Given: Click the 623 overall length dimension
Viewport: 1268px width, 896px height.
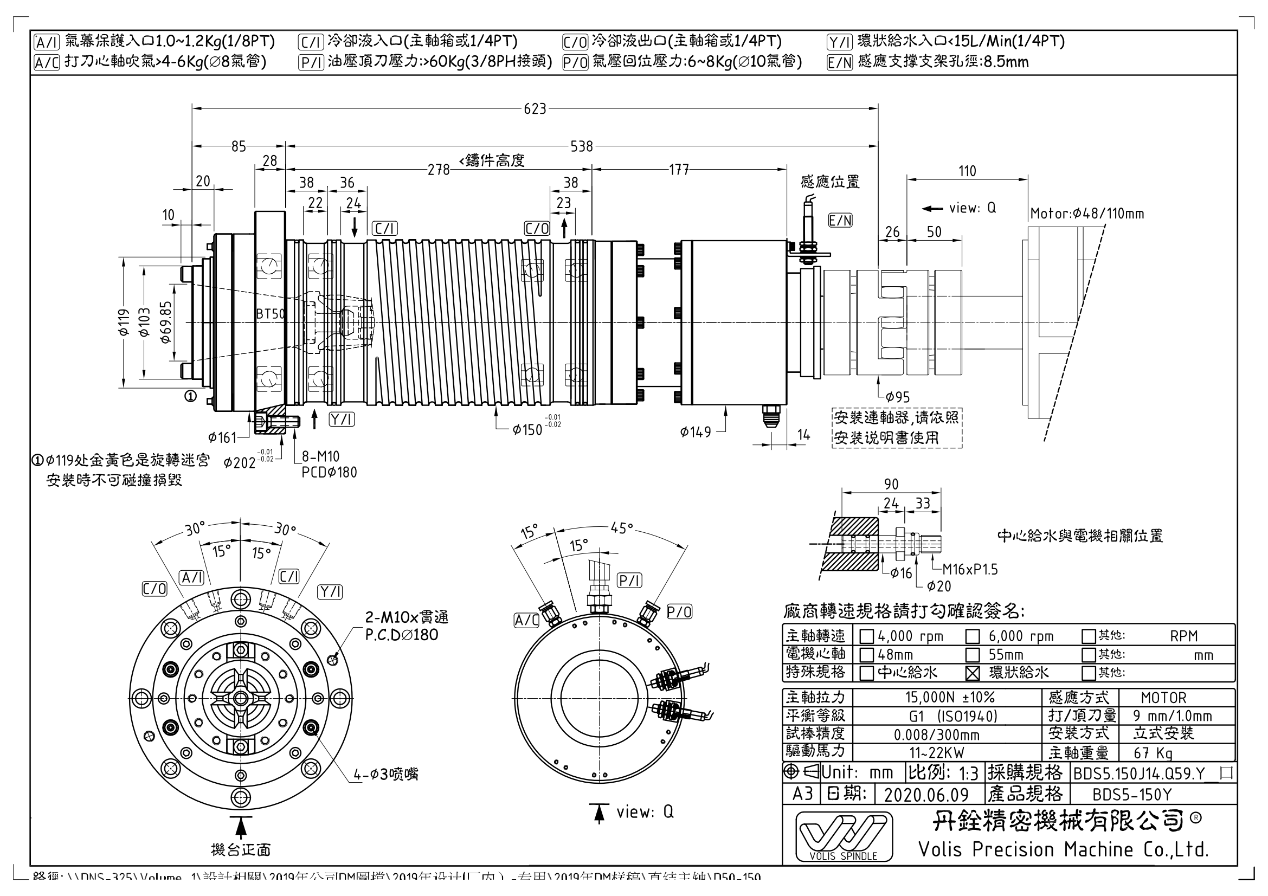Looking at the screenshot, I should click(x=535, y=109).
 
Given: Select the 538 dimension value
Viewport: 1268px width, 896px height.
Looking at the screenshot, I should click(x=582, y=146).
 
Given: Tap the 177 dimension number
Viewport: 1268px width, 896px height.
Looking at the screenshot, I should click(x=679, y=170).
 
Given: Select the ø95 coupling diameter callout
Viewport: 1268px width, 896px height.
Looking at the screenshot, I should click(x=897, y=397).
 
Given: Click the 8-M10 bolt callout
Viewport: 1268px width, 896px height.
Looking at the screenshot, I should click(x=320, y=456).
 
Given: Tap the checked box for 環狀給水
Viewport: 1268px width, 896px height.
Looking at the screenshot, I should click(x=973, y=673).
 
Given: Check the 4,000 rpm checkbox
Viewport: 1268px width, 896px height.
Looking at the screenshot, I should click(x=866, y=636).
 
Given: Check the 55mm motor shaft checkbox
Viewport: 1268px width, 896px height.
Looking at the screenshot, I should click(x=973, y=655).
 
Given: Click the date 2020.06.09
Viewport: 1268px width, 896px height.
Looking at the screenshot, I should click(x=926, y=795).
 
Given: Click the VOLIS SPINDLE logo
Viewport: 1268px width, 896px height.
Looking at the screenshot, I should click(x=844, y=836).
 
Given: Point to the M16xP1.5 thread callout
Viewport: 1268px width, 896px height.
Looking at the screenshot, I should click(x=970, y=569).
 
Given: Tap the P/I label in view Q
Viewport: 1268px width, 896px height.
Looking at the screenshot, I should click(x=629, y=580).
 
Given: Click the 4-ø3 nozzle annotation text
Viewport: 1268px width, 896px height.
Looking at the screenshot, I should click(x=386, y=774).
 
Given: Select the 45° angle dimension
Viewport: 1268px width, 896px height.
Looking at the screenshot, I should click(x=621, y=528).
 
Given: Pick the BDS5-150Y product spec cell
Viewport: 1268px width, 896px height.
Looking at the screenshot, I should click(x=1131, y=795).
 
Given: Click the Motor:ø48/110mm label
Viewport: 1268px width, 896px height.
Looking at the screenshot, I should click(x=1087, y=214).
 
